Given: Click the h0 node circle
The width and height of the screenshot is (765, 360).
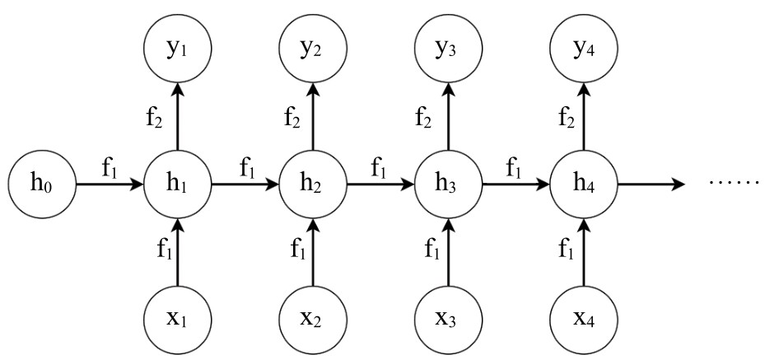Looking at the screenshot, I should pos(41,184).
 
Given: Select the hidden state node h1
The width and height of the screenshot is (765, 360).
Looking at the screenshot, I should pos(176,184).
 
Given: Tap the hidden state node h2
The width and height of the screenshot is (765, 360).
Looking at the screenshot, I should pos(311,184).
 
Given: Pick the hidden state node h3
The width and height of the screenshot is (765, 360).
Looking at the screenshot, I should pos(446,184).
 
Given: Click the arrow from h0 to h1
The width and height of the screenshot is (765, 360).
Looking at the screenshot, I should pos(109,184).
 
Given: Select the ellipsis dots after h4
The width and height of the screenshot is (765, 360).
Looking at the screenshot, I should pos(735,180).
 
